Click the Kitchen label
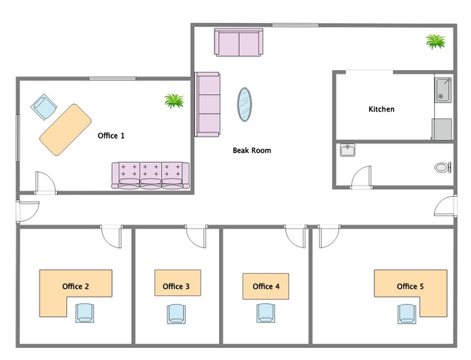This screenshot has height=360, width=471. pos(381,109)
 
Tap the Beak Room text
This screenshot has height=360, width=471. pos(252,150)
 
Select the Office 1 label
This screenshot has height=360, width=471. pos(111,136)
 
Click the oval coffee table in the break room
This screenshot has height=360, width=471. pos(244,104)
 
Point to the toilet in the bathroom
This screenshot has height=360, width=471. pos(443,167)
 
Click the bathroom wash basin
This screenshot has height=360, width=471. pos(347,150)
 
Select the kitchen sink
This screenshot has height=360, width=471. pos(443,90)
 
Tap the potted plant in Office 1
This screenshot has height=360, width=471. pos(174,101)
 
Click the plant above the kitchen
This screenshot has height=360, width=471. pos(436,41)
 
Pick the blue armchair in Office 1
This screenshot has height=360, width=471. pos(44,107)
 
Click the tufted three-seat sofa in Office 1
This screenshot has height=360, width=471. pos(151,176)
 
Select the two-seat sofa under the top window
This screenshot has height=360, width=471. pos(239,42)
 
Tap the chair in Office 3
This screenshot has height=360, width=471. pos(176,314)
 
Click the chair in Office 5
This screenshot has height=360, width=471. pos(407,314)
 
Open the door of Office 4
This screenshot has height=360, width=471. pos(296,236)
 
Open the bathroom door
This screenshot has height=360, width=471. pos(361,177)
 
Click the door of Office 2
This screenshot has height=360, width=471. pos(111,236)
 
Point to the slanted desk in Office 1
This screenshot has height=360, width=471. pos(65,130)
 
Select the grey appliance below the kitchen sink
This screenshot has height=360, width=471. pos(442,129)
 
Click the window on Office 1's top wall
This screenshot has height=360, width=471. pos(112,79)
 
